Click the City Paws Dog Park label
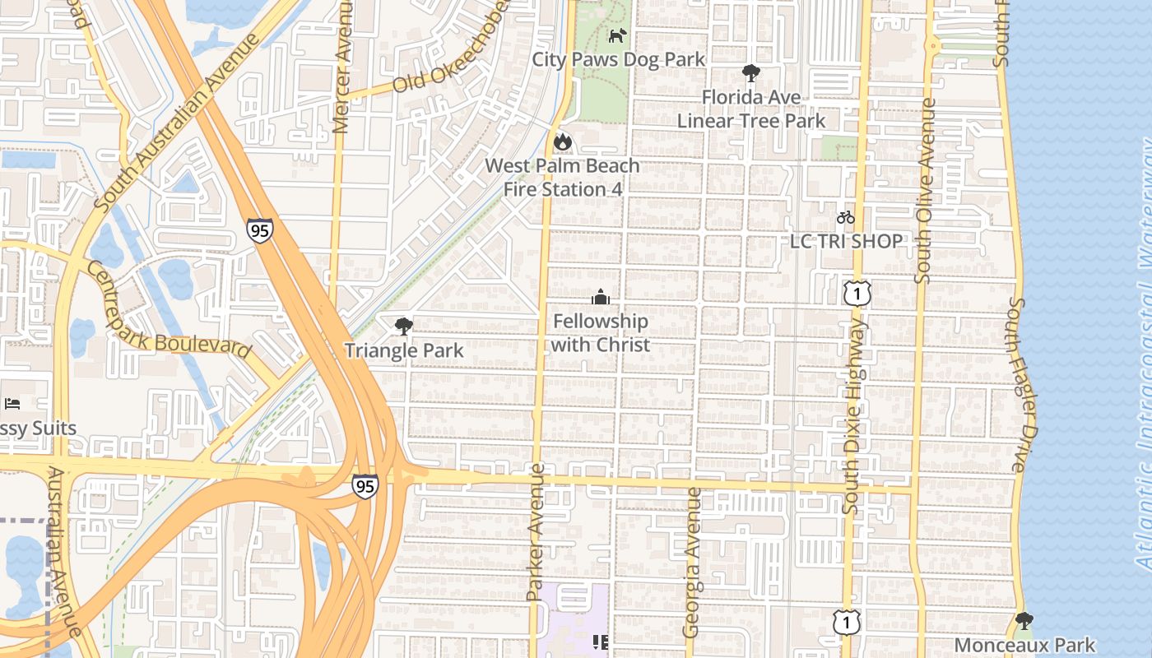[x=618, y=59]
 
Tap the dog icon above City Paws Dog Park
[x=617, y=35]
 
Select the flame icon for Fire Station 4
[x=562, y=141]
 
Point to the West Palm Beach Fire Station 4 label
[x=562, y=177]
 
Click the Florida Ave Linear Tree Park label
[x=750, y=109]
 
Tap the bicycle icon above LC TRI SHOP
[x=845, y=217]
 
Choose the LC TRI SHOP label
[x=846, y=241]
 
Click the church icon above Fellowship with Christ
[x=601, y=297]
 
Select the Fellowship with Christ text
[x=600, y=333]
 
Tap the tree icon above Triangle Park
[x=403, y=327]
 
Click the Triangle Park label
[x=404, y=350]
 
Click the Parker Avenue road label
[x=536, y=543]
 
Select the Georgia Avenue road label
[x=692, y=563]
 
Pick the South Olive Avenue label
[x=925, y=191]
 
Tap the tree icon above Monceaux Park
[x=1024, y=621]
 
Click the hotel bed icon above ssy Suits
[x=12, y=403]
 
